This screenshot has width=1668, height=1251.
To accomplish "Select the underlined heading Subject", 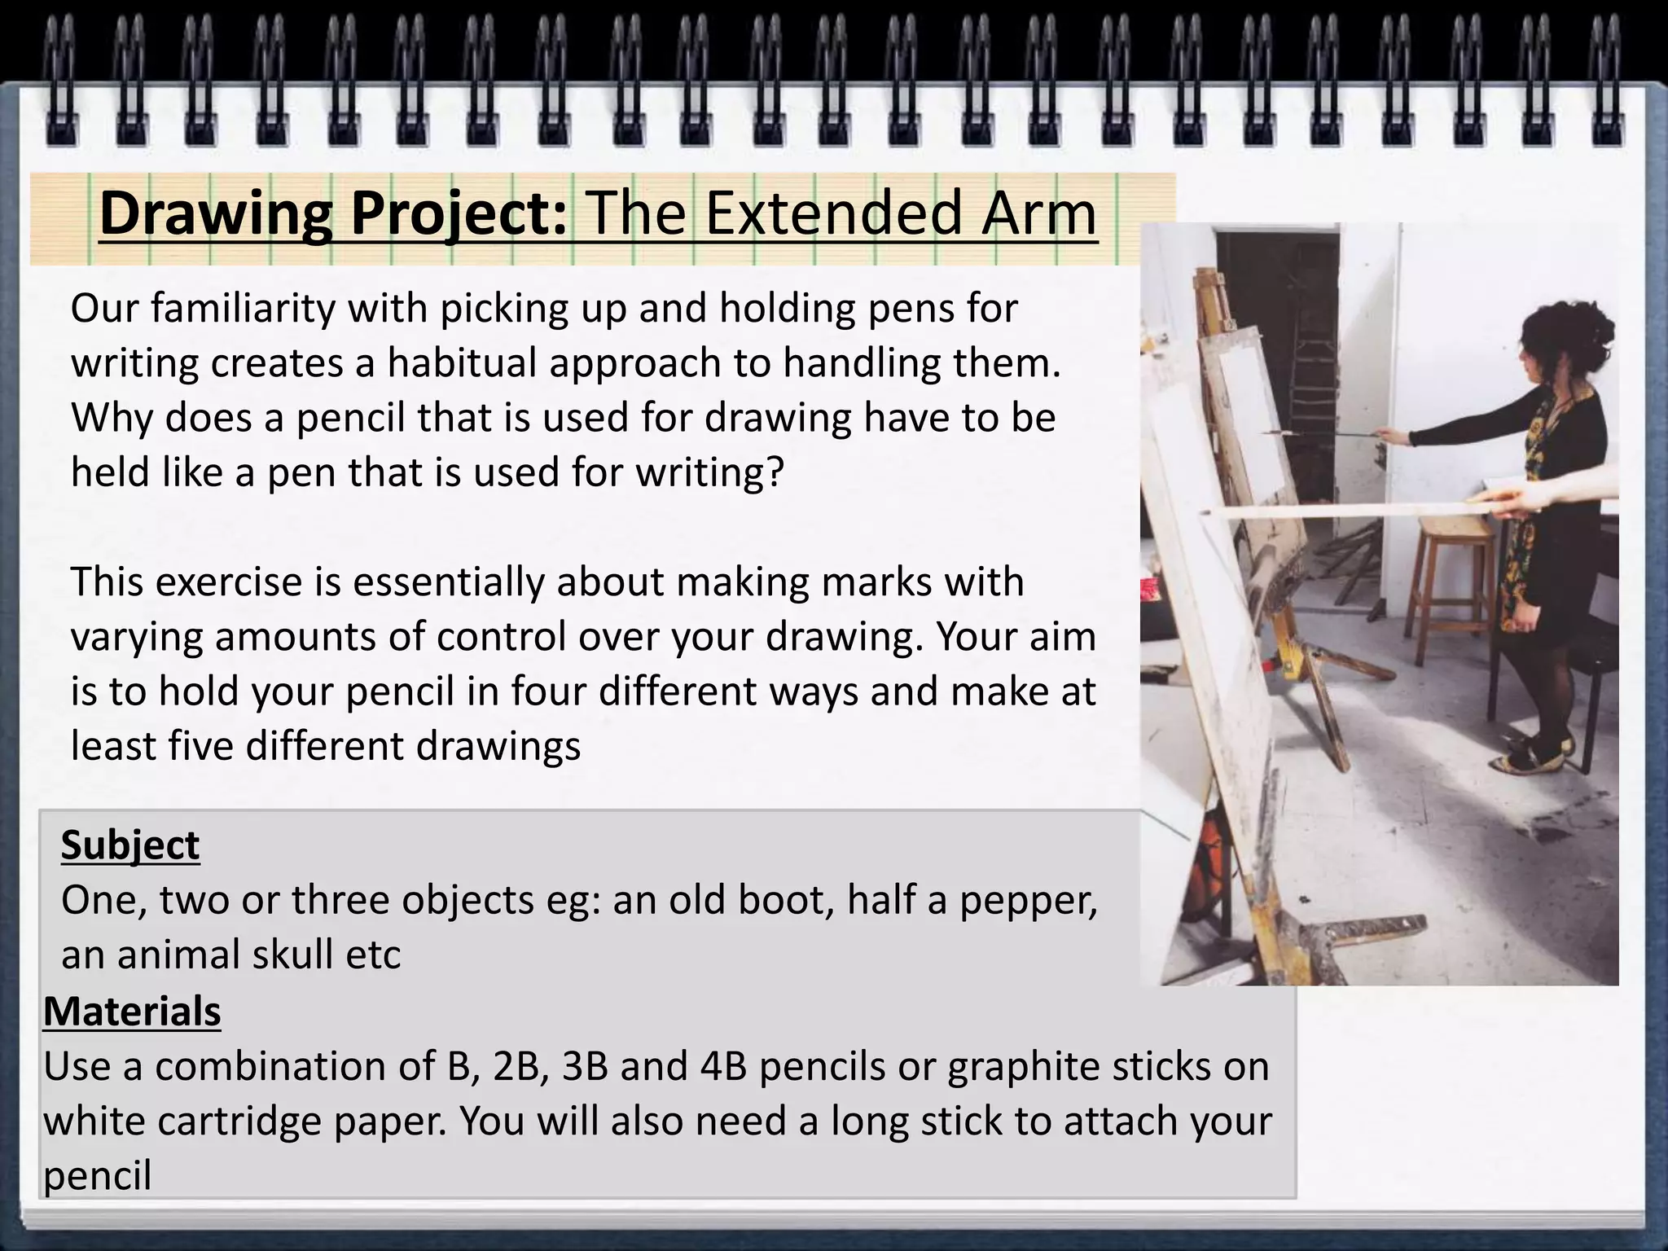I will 130,845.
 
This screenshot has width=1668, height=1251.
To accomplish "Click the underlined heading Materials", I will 132,1012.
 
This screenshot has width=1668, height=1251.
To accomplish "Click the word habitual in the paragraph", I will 462,363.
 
